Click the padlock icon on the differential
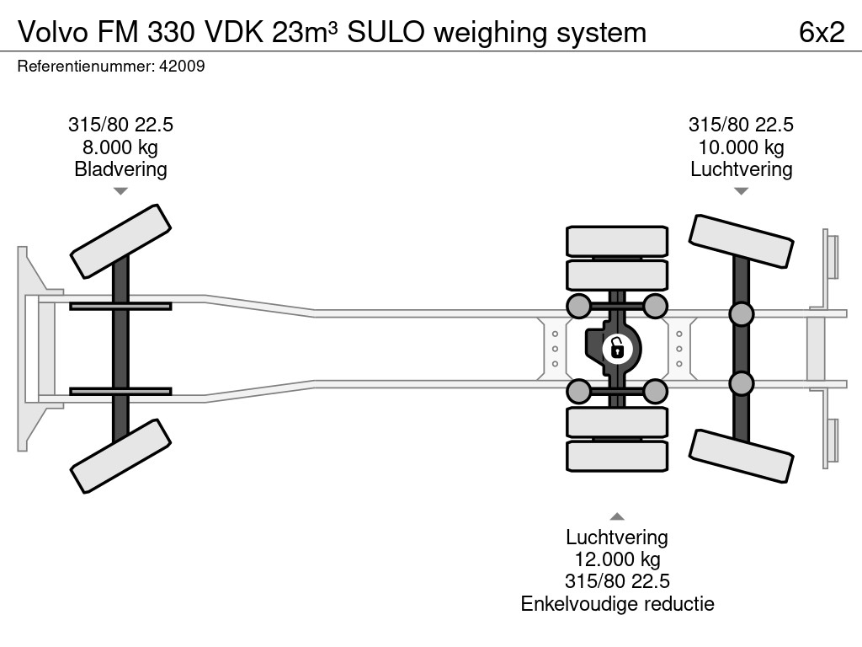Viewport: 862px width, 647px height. point(617,346)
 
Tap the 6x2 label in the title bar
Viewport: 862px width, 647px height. point(822,32)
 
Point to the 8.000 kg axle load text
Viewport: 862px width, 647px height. point(120,147)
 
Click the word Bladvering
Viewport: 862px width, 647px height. point(120,169)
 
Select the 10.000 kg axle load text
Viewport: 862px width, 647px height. point(741,147)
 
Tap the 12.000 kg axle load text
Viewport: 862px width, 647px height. point(617,559)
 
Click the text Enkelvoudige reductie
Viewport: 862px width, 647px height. point(617,603)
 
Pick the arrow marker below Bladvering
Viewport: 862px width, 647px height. point(120,191)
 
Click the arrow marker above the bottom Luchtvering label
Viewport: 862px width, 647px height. point(617,516)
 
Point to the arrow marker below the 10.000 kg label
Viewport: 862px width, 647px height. point(741,191)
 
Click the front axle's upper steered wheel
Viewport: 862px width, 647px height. point(120,241)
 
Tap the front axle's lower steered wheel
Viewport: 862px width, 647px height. point(120,457)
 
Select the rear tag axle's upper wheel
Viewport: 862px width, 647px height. point(741,242)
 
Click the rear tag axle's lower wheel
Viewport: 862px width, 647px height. point(741,456)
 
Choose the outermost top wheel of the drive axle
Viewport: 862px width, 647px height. point(617,241)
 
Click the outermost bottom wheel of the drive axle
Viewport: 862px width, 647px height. point(617,456)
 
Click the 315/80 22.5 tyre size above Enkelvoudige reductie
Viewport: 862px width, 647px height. point(617,581)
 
